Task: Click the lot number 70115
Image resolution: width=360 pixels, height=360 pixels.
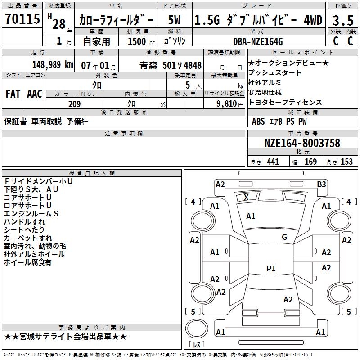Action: [22, 19]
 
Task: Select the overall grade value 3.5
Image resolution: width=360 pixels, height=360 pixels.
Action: [343, 20]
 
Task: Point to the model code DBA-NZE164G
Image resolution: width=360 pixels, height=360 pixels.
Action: [258, 41]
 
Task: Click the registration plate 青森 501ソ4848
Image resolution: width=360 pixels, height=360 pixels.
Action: [171, 65]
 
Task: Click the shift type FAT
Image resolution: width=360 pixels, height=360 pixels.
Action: [13, 94]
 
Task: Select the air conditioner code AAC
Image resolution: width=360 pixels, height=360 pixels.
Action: [35, 94]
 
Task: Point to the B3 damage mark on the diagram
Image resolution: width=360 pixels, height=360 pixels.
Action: [321, 184]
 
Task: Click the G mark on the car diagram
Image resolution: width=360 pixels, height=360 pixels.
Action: [284, 237]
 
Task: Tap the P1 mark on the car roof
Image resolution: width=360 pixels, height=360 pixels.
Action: [271, 268]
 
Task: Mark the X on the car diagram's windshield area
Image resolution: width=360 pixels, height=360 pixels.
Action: [246, 197]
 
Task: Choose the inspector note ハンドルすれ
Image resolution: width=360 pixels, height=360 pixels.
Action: [24, 222]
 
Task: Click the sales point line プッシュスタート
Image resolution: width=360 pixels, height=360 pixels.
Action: [275, 72]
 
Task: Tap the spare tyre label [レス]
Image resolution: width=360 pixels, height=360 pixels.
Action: [197, 345]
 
